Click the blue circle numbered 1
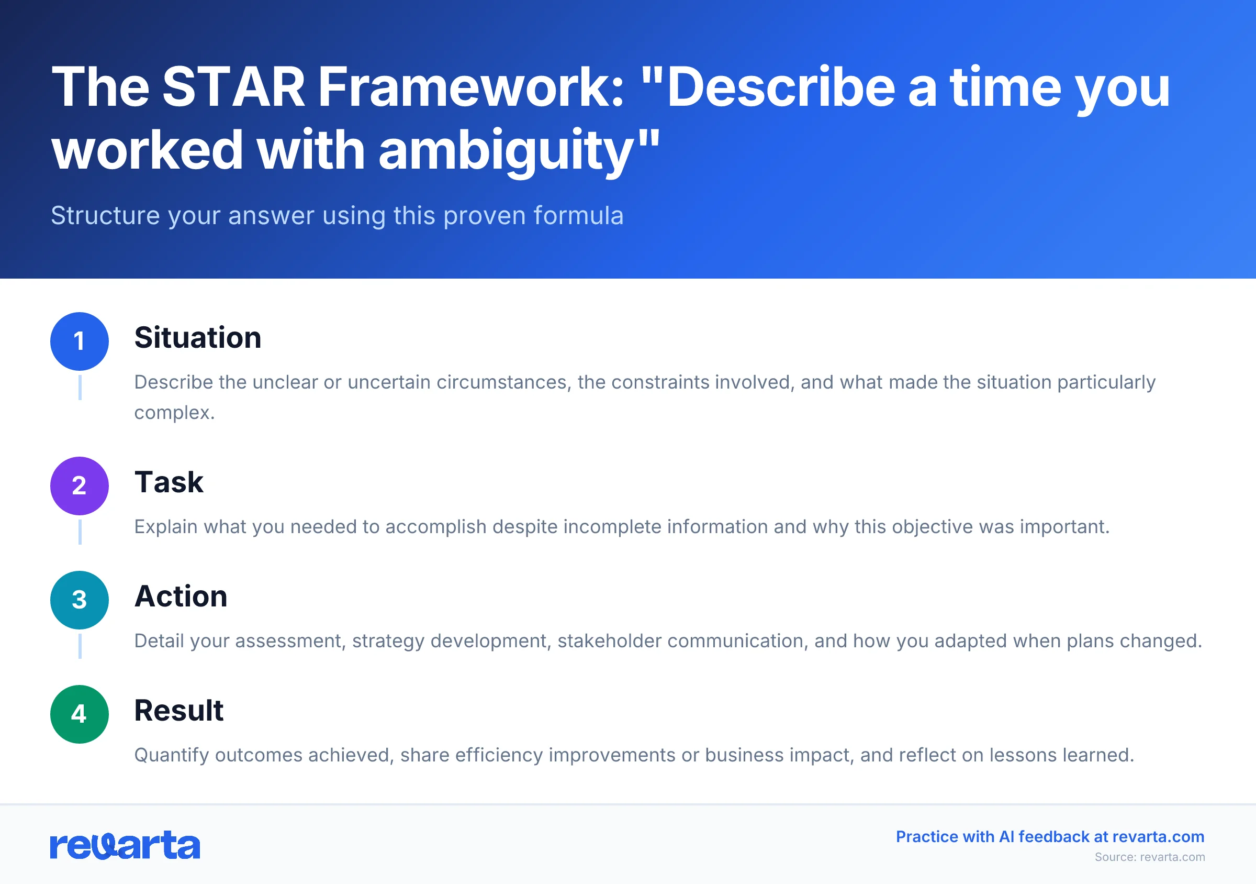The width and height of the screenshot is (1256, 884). coord(80,341)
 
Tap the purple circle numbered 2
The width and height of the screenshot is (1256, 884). coord(80,485)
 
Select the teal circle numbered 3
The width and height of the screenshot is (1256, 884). coord(80,600)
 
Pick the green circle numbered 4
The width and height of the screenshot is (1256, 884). coord(80,714)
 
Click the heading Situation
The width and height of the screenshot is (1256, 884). coord(197,337)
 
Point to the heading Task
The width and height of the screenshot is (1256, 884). coord(169,482)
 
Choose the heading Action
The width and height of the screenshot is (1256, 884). coord(181,596)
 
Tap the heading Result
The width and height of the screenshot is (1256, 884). coord(179,711)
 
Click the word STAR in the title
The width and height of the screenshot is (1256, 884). coord(233,87)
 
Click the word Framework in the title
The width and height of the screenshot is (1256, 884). coord(470,87)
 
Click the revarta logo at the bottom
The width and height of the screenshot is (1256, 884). coord(125,846)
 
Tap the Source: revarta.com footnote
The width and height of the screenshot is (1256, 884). coord(1149,857)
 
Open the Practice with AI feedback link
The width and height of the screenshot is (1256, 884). coord(1050,836)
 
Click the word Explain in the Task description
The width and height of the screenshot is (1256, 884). coord(166,526)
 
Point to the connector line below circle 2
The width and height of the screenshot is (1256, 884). coord(80,532)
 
